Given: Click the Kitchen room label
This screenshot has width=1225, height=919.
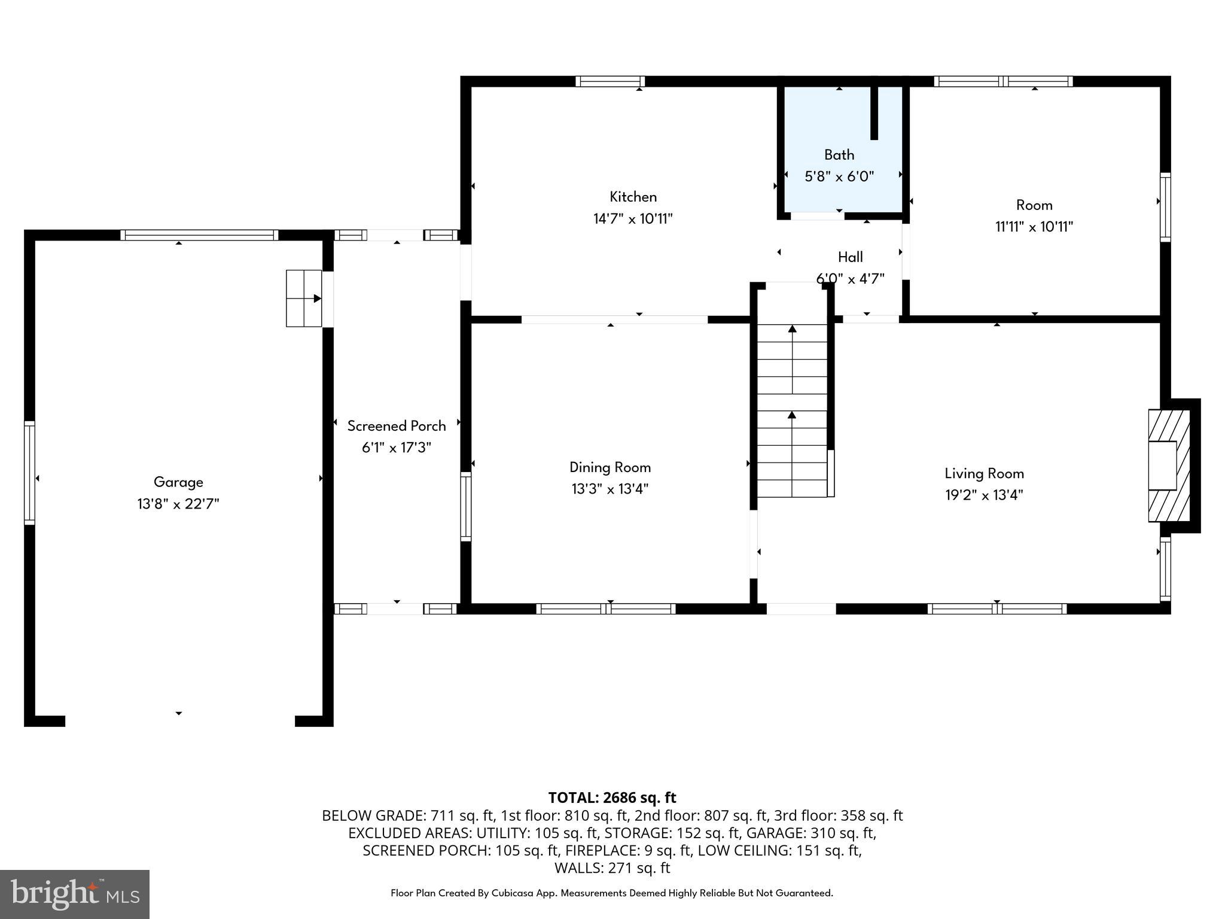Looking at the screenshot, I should coord(633,197).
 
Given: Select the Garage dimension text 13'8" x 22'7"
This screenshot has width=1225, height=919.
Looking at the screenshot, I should coord(178,504).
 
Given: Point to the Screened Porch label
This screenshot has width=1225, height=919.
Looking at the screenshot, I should coord(397,426).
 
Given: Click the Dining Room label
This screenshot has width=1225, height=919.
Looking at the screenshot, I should coord(610,467).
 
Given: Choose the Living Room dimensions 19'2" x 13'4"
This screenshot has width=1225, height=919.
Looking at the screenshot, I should coord(983,495).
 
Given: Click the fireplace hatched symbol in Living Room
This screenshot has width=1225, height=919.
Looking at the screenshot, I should coord(1169,465).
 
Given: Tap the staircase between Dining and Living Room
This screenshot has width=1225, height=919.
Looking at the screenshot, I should coord(793,410).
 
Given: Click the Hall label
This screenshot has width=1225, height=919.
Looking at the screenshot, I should coord(850,257).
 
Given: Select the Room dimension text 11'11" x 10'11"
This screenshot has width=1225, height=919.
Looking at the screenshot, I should coord(1034,227).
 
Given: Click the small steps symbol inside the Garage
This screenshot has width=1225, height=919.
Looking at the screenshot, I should coord(304,298).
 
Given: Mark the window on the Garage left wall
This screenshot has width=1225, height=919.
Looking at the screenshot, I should coord(29,473).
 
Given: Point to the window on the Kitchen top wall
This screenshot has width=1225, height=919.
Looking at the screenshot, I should coord(610,81).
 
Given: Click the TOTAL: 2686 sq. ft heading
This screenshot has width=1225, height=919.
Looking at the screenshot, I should coord(612,798).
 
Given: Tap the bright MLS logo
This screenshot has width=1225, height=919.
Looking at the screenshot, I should coord(75,894).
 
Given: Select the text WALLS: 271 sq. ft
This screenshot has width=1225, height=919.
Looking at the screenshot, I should coord(612,868).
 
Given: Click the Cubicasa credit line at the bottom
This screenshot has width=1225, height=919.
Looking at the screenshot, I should coord(611,893).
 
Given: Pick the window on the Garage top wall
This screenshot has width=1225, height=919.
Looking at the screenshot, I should coord(199,235).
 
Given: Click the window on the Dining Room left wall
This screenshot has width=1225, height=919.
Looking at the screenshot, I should coord(465,506).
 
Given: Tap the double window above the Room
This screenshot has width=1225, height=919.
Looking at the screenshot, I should coord(1003,81).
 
